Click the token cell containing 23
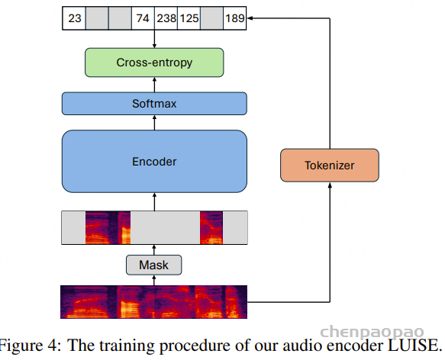point(74,18)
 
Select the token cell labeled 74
point(143,18)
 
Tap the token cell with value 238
point(166,18)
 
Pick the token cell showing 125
point(189,18)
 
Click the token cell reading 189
point(234,18)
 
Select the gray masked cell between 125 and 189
point(211,18)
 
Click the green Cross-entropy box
point(154,63)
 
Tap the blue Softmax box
point(154,104)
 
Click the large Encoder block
point(154,162)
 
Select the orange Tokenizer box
point(330,165)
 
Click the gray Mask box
point(154,265)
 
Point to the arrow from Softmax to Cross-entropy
point(154,85)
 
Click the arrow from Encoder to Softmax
point(154,123)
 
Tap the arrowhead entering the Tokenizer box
point(330,185)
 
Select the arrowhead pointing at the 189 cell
point(250,18)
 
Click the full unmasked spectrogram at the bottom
point(154,302)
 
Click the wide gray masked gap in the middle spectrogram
point(165,227)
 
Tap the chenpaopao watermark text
point(372,332)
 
